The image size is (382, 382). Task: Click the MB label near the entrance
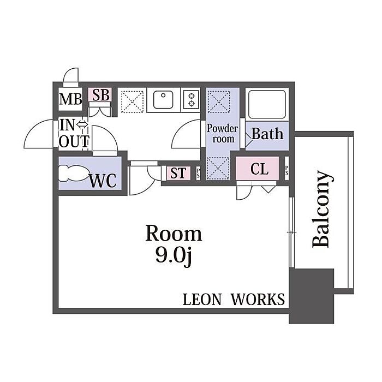(70, 100)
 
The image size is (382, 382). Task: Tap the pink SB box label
(100, 95)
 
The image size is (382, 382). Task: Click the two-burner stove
(192, 99)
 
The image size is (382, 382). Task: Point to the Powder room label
(222, 134)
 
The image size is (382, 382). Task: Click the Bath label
(267, 134)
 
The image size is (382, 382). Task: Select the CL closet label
(260, 169)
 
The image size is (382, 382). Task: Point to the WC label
(103, 181)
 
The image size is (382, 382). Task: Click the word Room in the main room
(173, 234)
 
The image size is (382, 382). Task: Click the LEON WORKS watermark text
(233, 299)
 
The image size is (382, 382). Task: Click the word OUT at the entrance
(74, 141)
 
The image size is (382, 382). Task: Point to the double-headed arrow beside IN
(82, 125)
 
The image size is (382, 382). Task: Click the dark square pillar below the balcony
(311, 296)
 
